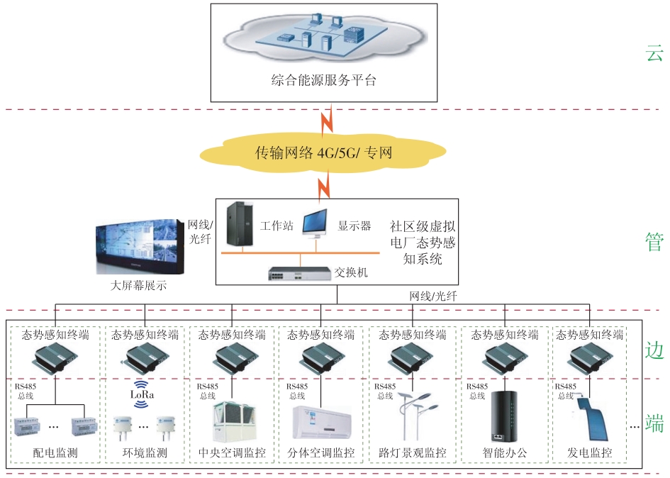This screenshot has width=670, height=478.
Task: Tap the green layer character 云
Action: [x=654, y=54]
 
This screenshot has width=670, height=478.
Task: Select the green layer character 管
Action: [x=654, y=241]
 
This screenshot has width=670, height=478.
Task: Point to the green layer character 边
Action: [x=654, y=350]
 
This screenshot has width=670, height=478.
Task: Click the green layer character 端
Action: [x=654, y=424]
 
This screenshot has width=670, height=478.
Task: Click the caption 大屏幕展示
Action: [x=140, y=287]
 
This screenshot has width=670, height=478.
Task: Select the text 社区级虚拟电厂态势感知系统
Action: [x=422, y=243]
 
